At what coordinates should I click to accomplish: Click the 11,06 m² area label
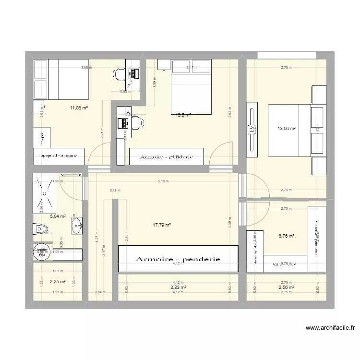pos(79,108)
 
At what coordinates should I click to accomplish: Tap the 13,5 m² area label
pos(183,115)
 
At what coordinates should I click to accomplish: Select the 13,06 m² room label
pos(286,128)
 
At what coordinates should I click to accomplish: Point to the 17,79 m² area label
pos(162,224)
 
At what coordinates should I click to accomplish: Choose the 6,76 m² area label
pos(286,236)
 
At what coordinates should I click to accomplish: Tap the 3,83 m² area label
pos(178,287)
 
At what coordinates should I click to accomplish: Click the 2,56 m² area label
pos(286,287)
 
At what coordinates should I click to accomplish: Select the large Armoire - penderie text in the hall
pos(178,259)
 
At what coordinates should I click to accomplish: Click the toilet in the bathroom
pos(38,229)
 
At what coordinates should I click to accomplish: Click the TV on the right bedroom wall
pos(251,129)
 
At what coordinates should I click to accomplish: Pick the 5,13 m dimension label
pos(165,181)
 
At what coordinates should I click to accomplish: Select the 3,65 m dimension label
pos(85,68)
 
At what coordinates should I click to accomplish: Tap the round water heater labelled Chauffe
pos(41,253)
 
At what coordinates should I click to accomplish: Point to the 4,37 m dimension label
pos(96,236)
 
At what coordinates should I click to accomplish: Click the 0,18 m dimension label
pos(115,191)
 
